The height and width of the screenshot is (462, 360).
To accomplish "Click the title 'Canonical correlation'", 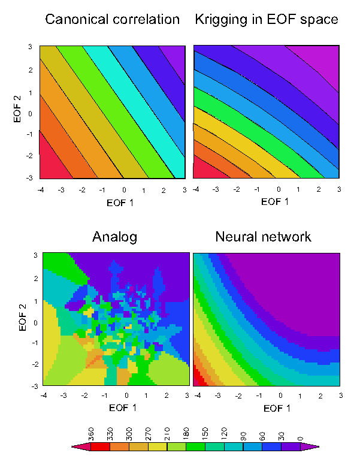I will coord(113,19).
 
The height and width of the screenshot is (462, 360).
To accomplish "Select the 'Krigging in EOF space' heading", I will coord(267,19).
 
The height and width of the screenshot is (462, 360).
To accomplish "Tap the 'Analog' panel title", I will coord(114,236).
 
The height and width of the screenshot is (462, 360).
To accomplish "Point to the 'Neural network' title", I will coord(263,236).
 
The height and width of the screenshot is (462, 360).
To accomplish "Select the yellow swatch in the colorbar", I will coord(163,446).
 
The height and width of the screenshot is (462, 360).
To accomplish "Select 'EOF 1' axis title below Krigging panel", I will coord(275,201).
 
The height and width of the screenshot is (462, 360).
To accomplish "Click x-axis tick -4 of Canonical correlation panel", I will coord(40,189).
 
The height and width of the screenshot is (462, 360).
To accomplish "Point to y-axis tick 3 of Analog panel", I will coord(35,255).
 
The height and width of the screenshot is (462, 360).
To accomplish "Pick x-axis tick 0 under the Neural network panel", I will coord(281,396).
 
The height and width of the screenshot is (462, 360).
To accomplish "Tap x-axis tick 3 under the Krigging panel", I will coord(339,189).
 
